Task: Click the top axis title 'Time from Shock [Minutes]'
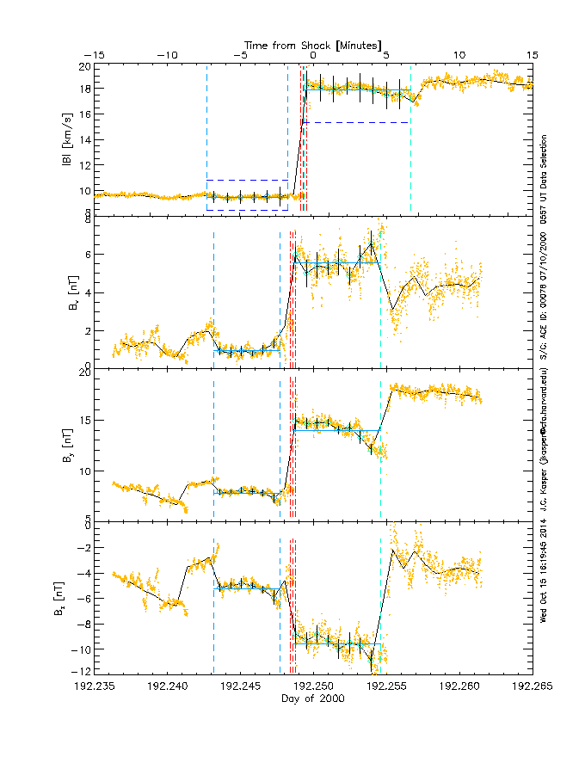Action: (x=313, y=44)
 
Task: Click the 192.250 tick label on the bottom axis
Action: (x=313, y=686)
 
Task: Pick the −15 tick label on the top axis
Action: (x=95, y=55)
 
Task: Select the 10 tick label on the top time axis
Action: (x=459, y=55)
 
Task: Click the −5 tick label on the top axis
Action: (x=241, y=55)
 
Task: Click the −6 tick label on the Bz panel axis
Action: (x=84, y=598)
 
